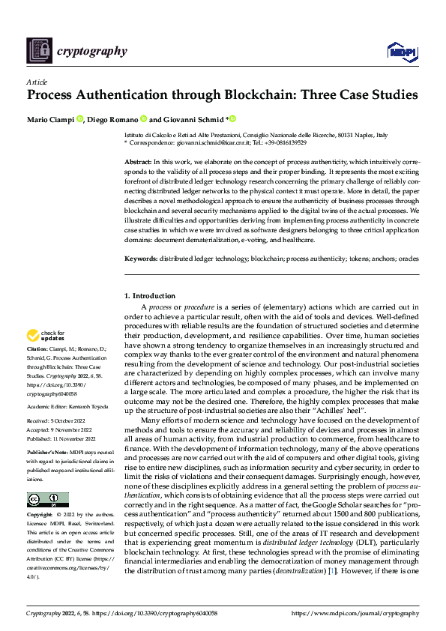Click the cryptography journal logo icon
click(x=39, y=50)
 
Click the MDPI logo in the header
click(x=401, y=51)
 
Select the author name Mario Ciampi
click(x=50, y=119)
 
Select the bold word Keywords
click(x=141, y=259)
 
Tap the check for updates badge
click(x=46, y=335)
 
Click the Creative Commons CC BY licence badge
click(x=47, y=499)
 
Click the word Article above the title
click(x=37, y=82)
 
